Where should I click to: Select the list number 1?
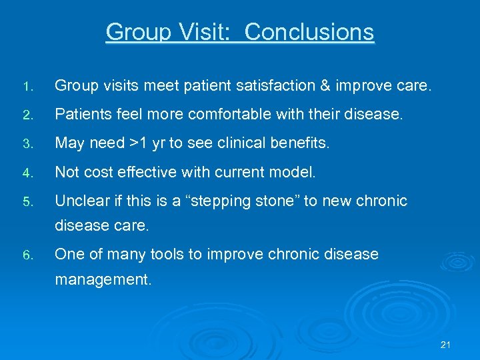click(26, 87)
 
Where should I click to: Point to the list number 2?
click(26, 115)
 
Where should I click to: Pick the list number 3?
click(26, 144)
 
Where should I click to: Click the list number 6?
click(26, 255)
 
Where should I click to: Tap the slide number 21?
click(446, 345)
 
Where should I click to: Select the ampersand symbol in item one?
click(325, 86)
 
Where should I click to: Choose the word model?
click(291, 172)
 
